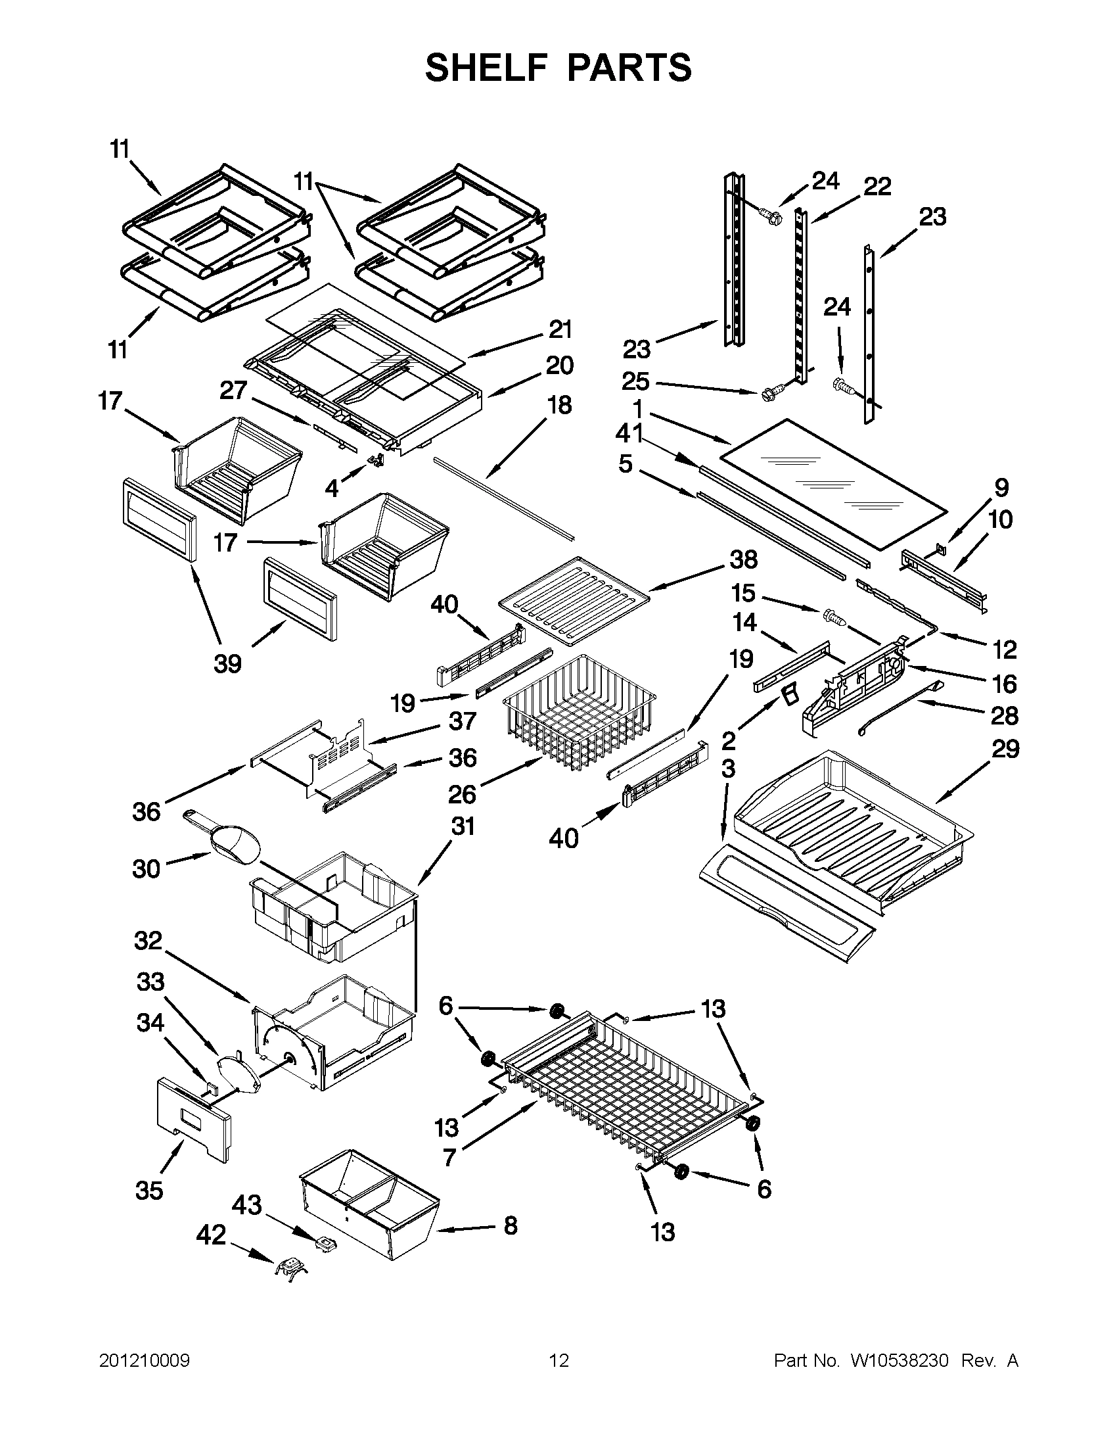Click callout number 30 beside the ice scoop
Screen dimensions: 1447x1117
pos(147,868)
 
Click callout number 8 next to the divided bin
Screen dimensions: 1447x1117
pos(510,1225)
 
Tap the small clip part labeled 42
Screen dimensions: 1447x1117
pos(291,1268)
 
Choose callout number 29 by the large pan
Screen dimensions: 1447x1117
pos(1005,749)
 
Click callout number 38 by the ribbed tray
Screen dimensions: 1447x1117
pos(743,560)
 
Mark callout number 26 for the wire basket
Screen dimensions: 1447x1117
pos(462,794)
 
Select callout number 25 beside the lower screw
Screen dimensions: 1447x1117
pos(635,381)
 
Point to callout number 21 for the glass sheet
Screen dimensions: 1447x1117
pos(560,329)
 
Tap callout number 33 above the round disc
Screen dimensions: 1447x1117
pos(150,982)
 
